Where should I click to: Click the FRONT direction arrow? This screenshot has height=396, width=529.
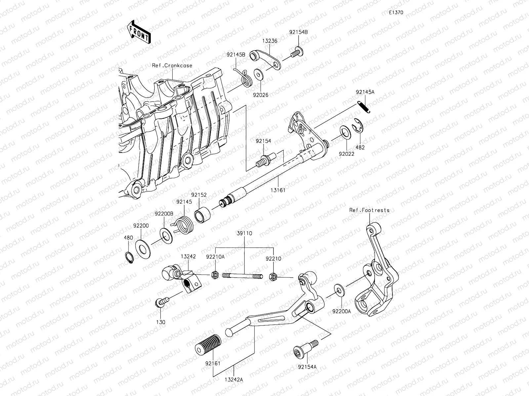(139, 32)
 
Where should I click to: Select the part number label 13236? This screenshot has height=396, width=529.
(270, 41)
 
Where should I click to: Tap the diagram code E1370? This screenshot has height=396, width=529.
(396, 13)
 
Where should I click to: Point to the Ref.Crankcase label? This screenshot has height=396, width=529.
(172, 65)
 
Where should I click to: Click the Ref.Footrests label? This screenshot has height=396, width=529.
(370, 210)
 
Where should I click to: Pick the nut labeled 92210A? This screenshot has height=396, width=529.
(215, 275)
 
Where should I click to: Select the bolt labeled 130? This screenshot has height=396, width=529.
(160, 302)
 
